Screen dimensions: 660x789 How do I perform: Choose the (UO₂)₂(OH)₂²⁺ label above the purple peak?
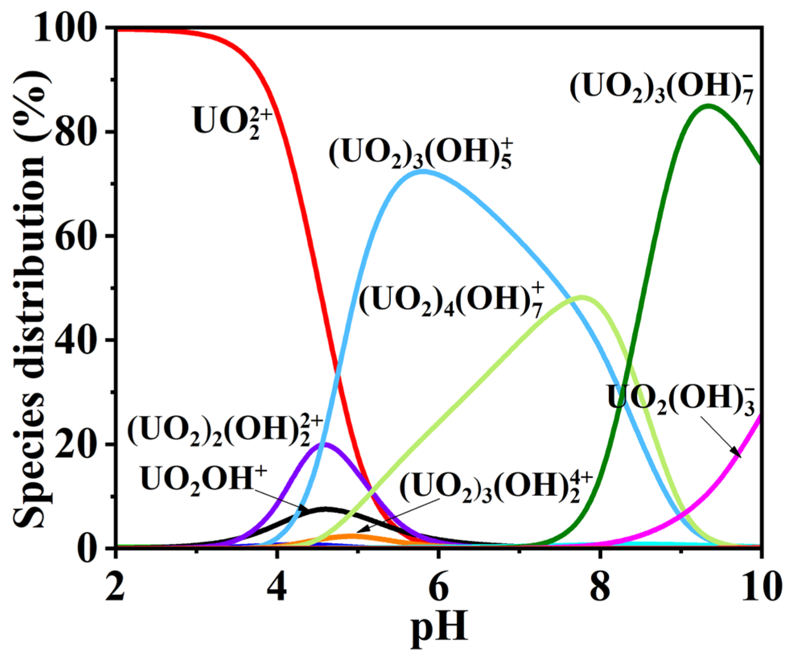point(225,431)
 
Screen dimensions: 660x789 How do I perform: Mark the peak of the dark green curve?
point(708,105)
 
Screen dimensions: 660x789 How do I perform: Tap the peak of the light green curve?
point(581,297)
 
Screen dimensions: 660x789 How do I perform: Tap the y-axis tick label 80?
point(79,132)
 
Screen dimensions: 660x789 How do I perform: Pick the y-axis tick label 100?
point(69,27)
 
